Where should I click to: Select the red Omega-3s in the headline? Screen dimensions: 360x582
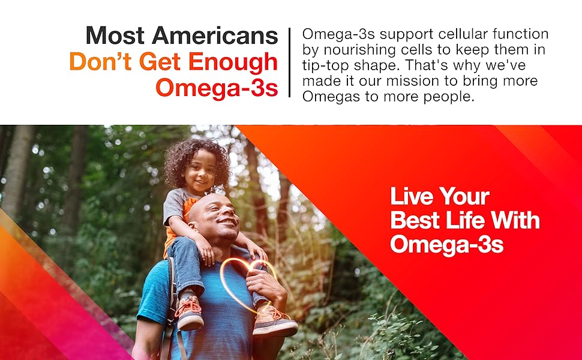[x=217, y=88]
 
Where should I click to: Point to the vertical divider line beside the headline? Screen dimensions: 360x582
[x=290, y=62]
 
